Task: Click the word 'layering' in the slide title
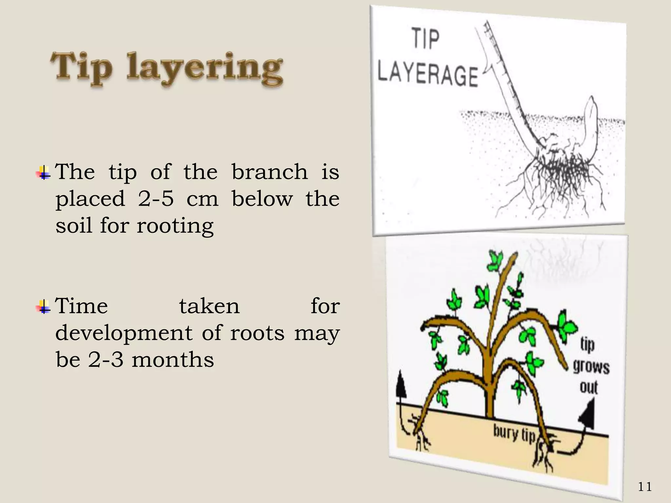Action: coord(204,69)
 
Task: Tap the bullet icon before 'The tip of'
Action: coord(43,173)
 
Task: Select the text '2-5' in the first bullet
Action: coord(156,198)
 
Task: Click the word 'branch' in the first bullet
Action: coord(270,172)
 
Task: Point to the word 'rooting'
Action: coord(175,226)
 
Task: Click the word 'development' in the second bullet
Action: coord(124,333)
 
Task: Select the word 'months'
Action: coord(173,360)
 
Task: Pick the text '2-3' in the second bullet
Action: coord(105,360)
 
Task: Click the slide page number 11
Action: coord(644,487)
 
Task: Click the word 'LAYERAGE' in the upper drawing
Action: coord(428,75)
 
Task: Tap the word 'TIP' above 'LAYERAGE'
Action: coord(425,39)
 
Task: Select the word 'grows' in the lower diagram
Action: coord(591,367)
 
